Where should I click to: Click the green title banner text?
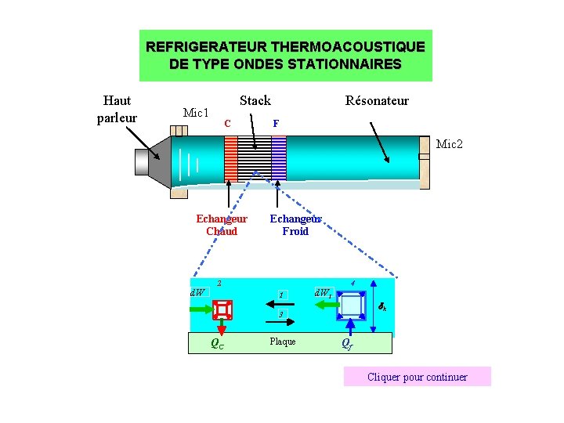tap(285, 55)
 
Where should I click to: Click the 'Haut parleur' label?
tap(117, 109)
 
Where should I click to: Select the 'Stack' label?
tap(255, 100)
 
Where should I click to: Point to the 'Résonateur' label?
tap(377, 100)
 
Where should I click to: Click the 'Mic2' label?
tap(450, 144)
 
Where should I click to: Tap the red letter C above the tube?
tap(226, 123)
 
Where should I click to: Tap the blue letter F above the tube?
tap(275, 123)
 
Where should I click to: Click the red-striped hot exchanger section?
tap(230, 160)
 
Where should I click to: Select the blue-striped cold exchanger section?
tap(279, 160)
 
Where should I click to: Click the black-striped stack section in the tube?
tap(255, 160)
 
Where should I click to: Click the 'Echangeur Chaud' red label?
tap(222, 225)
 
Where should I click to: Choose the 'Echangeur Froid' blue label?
tap(295, 225)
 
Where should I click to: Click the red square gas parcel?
tap(223, 310)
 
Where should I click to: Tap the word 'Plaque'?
tap(283, 342)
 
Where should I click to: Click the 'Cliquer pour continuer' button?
tap(417, 377)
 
